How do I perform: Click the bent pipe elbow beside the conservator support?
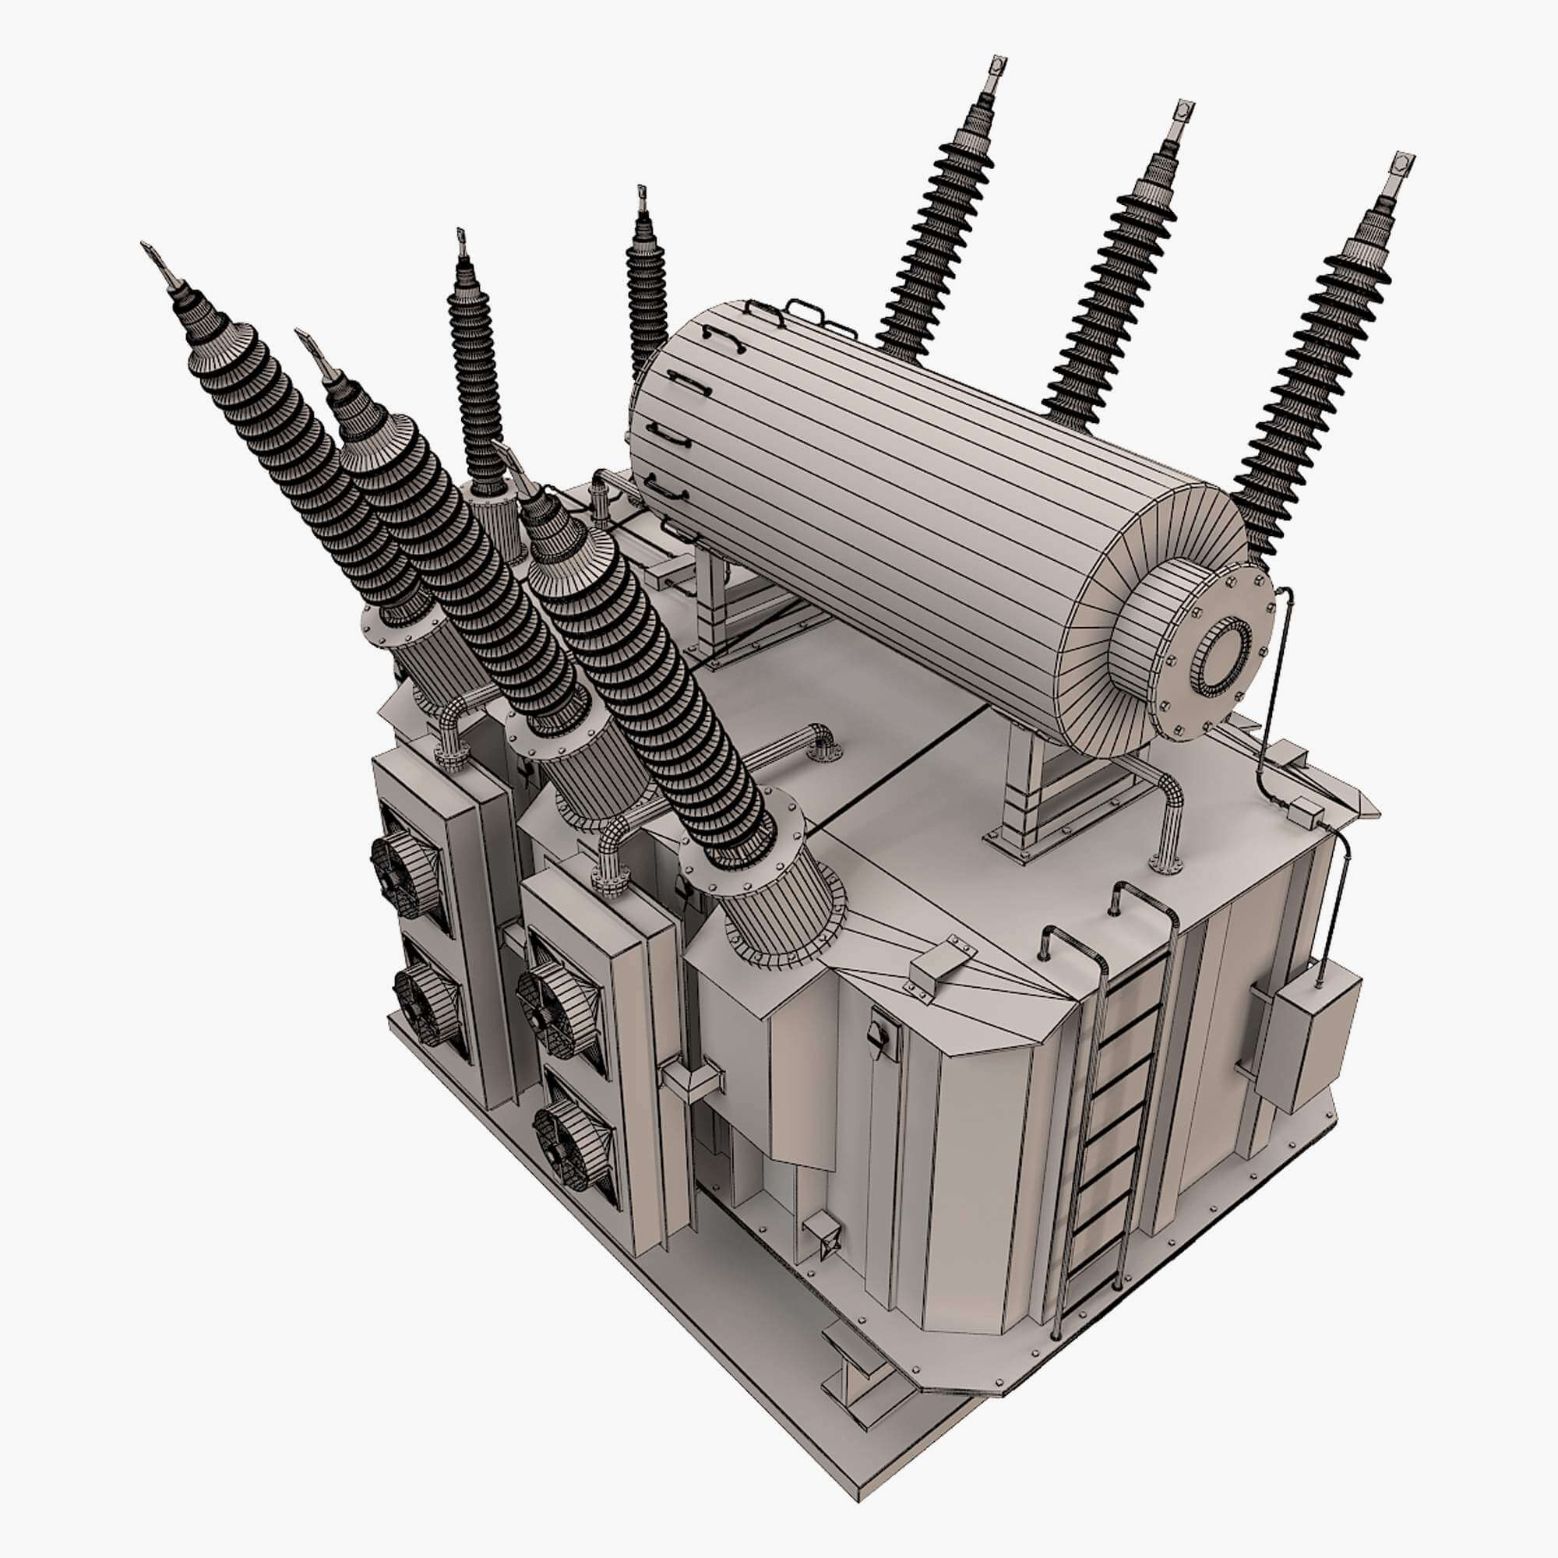(x=1165, y=815)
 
